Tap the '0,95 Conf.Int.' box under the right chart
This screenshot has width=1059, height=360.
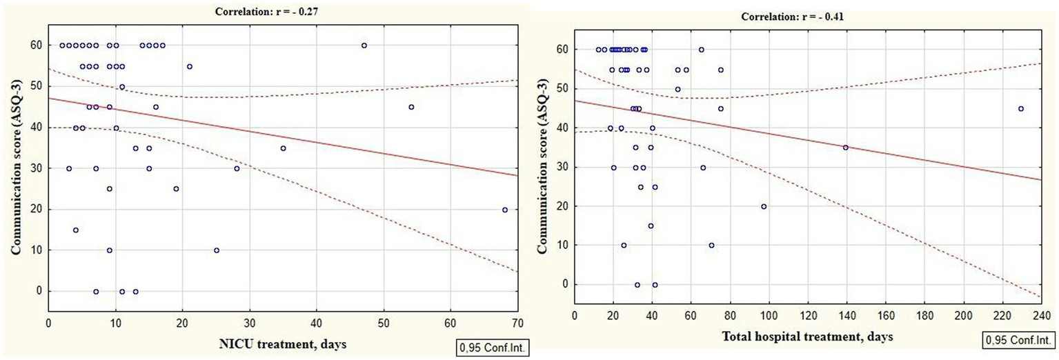pyautogui.click(x=1019, y=341)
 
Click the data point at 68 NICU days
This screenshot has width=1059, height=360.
pyautogui.click(x=505, y=210)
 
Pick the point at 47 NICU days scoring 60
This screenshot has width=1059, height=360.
pyautogui.click(x=364, y=46)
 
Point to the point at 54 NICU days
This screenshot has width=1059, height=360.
pyautogui.click(x=411, y=107)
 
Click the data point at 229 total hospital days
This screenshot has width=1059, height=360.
pyautogui.click(x=1020, y=108)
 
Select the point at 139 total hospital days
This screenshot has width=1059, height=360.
pyautogui.click(x=845, y=147)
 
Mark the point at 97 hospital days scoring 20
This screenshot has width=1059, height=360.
pyautogui.click(x=764, y=206)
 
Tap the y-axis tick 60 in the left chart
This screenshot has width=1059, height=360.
pyautogui.click(x=36, y=46)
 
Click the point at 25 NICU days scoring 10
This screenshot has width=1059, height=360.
pyautogui.click(x=217, y=250)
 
